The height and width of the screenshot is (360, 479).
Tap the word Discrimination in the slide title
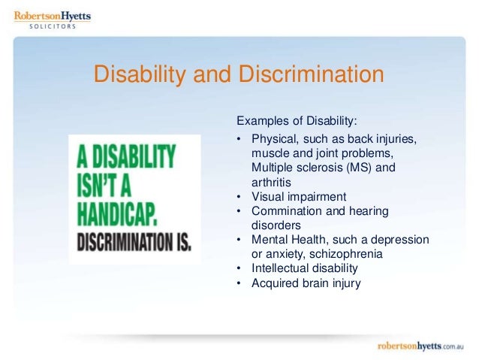(311, 76)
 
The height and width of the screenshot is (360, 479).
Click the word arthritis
(273, 182)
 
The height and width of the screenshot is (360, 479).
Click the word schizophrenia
(348, 254)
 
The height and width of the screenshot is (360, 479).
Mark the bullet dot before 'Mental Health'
(238, 241)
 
